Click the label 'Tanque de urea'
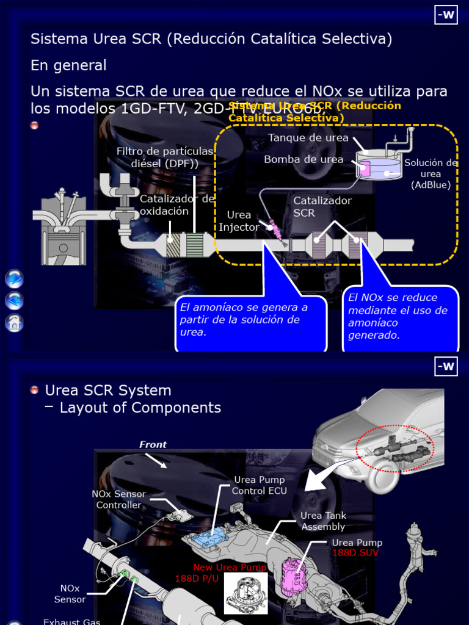[x=308, y=138]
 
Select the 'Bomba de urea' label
[x=304, y=159]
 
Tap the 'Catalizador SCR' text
[x=322, y=206]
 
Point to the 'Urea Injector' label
[x=239, y=221]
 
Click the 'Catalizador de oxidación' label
[x=176, y=205]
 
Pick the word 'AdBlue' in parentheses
[x=431, y=185]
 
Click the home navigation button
[x=14, y=322]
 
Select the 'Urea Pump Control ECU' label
[x=260, y=485]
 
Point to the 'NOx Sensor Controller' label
[x=118, y=499]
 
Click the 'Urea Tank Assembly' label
[x=323, y=521]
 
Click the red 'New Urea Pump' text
[x=230, y=568]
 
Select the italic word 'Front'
[x=153, y=444]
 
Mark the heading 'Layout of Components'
[x=140, y=408]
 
